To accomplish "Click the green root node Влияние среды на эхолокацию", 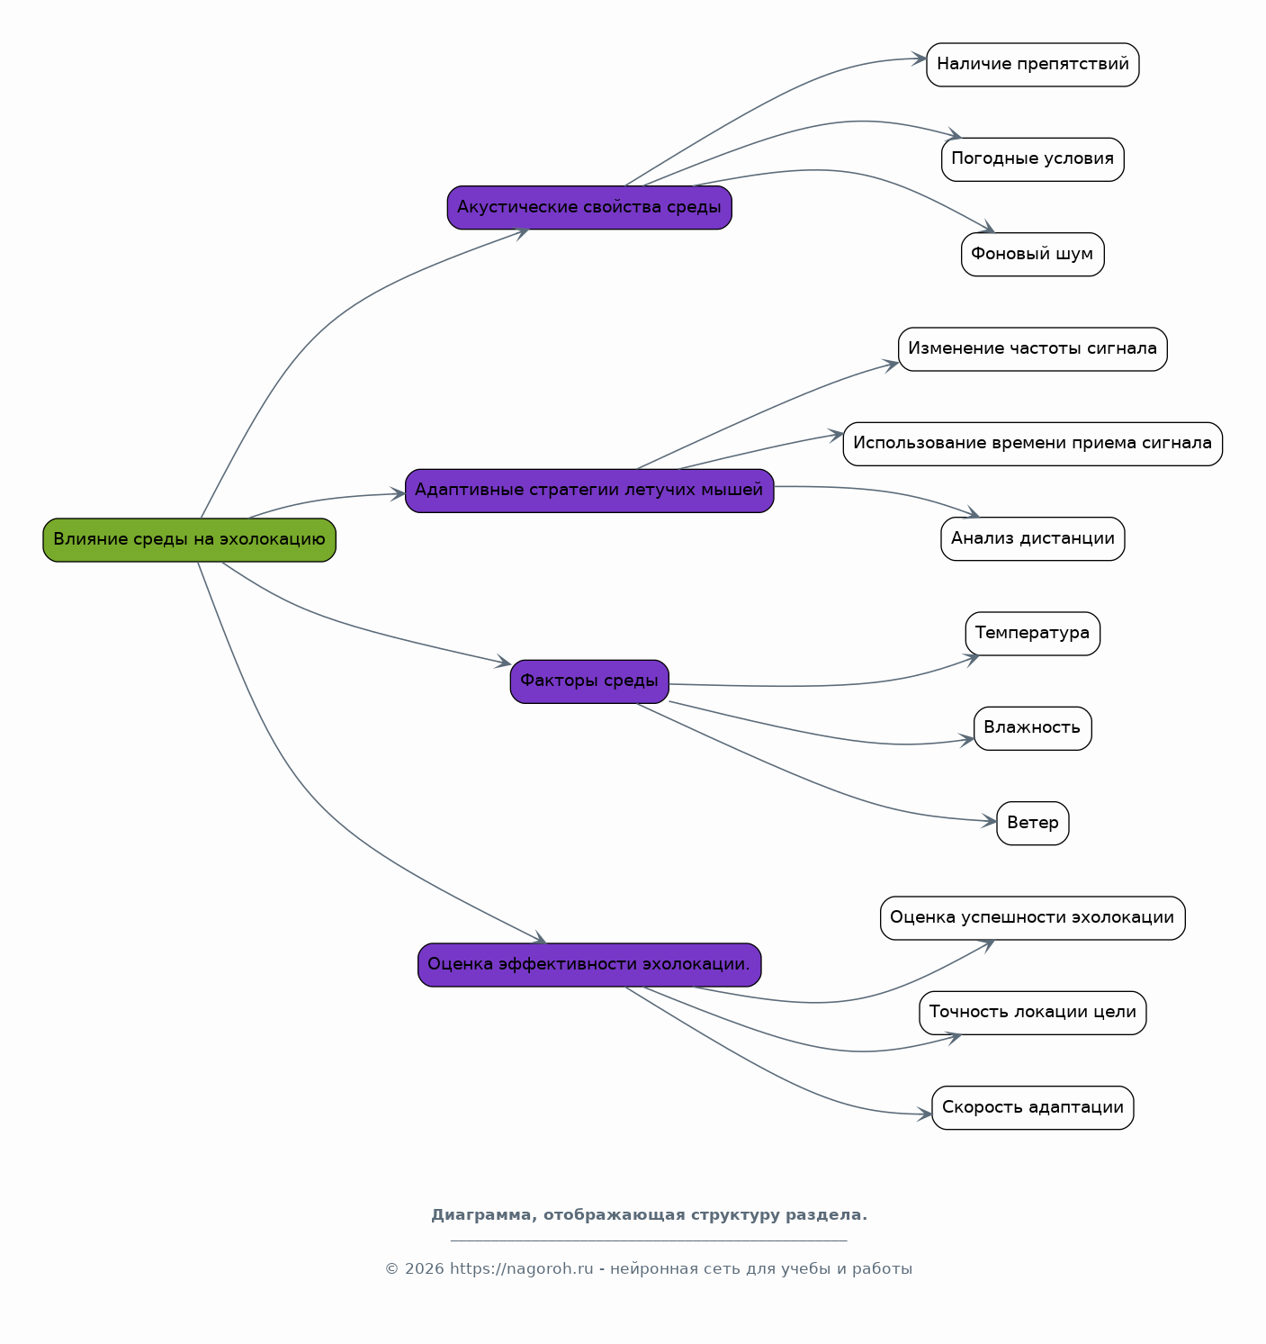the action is [x=190, y=540].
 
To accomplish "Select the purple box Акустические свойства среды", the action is [x=589, y=208].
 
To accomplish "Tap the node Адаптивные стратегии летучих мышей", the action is [x=589, y=491].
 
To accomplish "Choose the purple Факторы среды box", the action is [x=589, y=681].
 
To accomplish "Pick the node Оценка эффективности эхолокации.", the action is [x=589, y=965].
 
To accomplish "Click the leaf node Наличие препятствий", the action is [x=1033, y=65].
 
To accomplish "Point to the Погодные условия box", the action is [x=1033, y=159].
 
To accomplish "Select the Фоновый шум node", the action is [x=1033, y=255].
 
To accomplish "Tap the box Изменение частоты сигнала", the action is [x=1033, y=349].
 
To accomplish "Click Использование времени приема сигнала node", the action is [x=1033, y=444].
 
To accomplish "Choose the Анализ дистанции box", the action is [x=1033, y=538].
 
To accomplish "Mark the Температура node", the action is [x=1033, y=634].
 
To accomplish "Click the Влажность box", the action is [x=1033, y=728].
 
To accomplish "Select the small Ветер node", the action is [x=1033, y=823].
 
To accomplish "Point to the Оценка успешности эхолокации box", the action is [x=1033, y=917].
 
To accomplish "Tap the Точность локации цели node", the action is [x=1033, y=1013].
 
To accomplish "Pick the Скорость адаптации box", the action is [x=1033, y=1107].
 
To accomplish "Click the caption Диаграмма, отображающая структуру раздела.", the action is [x=649, y=1214].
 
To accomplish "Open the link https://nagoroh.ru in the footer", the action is [x=521, y=1269].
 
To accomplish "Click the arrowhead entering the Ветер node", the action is [x=989, y=822].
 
